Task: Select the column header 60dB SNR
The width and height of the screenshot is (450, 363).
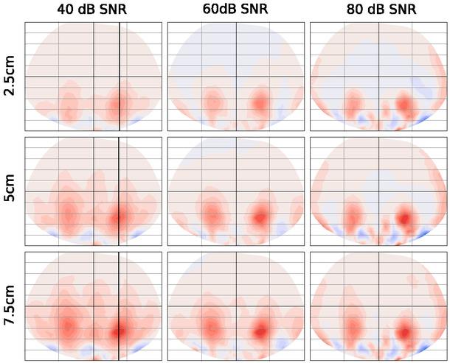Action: (x=235, y=10)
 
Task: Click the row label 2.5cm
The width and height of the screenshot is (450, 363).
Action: (x=10, y=77)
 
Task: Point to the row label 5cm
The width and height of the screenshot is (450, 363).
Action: (x=10, y=192)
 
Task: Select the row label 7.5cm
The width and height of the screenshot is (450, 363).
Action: (x=10, y=306)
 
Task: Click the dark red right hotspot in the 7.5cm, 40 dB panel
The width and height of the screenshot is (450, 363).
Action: (x=120, y=331)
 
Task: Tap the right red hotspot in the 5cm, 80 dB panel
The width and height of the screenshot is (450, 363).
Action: (x=404, y=218)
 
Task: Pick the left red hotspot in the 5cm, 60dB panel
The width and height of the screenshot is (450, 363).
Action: (x=212, y=214)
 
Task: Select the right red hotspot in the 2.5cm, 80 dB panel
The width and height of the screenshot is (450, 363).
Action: (x=404, y=104)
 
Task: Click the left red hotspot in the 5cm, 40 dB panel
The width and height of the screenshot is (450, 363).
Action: (x=69, y=214)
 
